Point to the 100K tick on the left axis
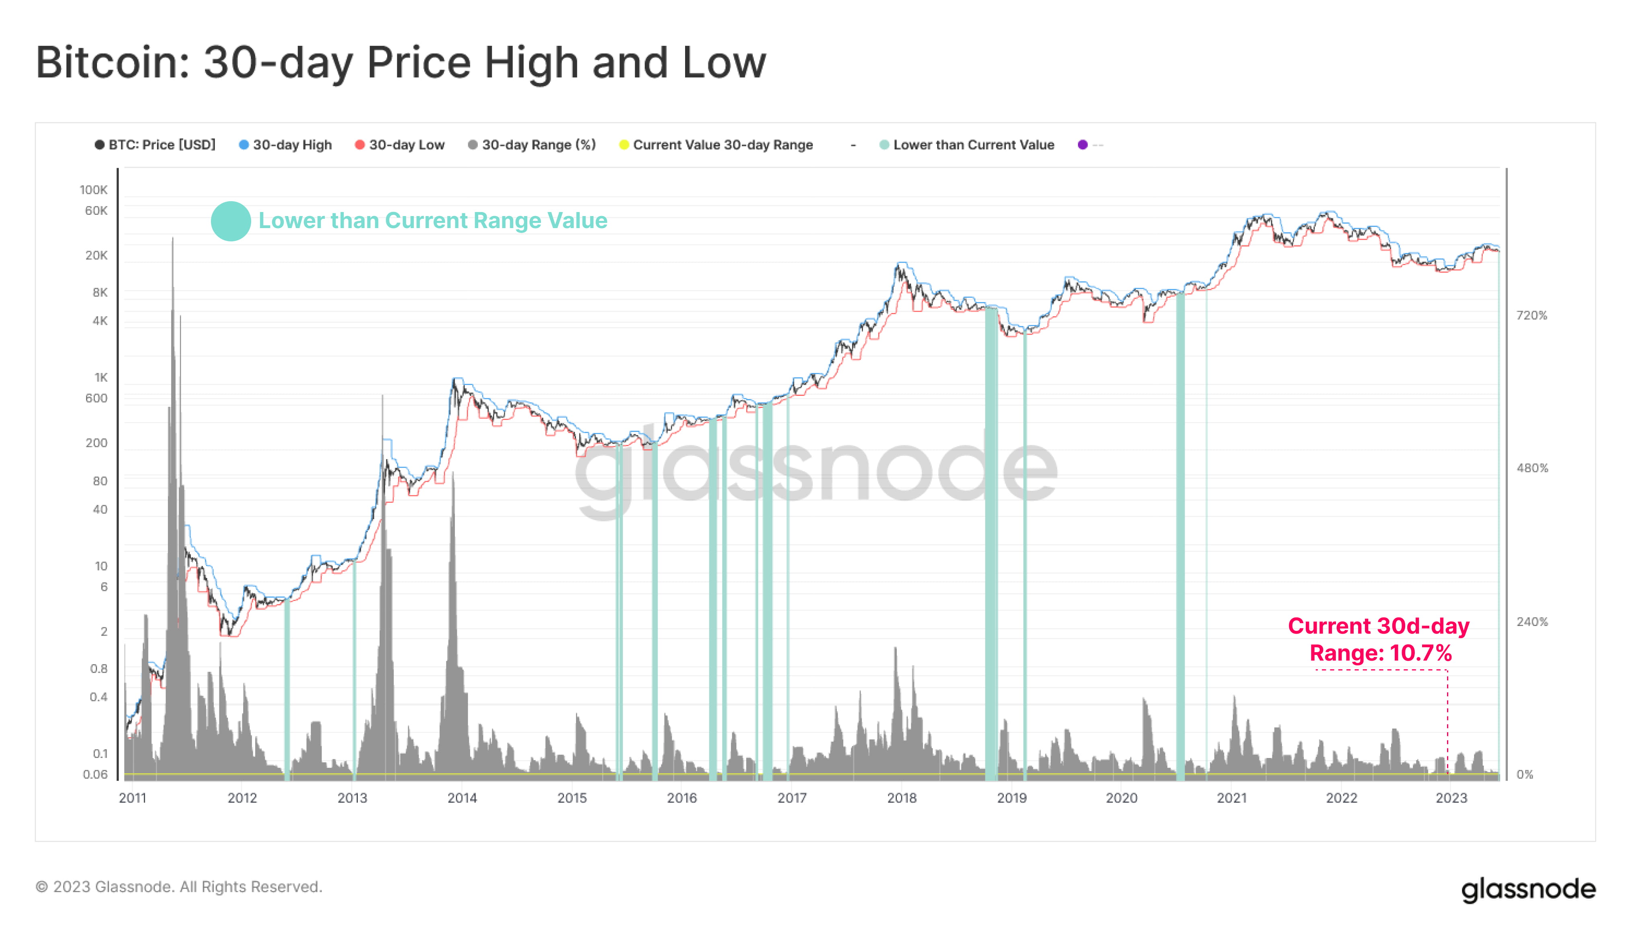tap(93, 189)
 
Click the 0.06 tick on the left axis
tap(95, 774)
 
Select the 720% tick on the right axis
tap(1532, 315)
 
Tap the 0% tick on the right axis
tap(1525, 774)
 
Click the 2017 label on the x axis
tap(792, 799)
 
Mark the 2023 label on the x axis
tap(1451, 799)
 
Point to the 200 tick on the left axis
tap(96, 443)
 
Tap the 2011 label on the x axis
tap(133, 799)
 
